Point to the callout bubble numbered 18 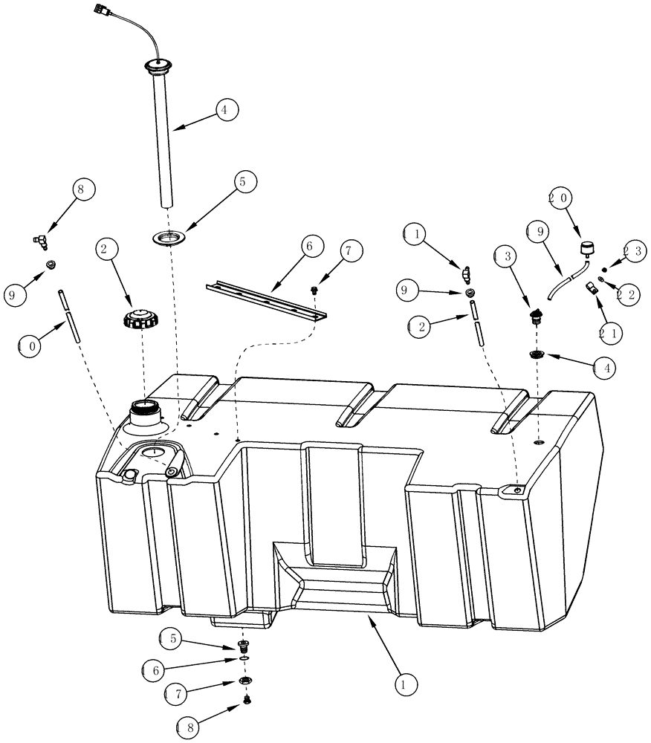click(x=189, y=725)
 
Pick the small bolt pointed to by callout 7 click(x=315, y=290)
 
